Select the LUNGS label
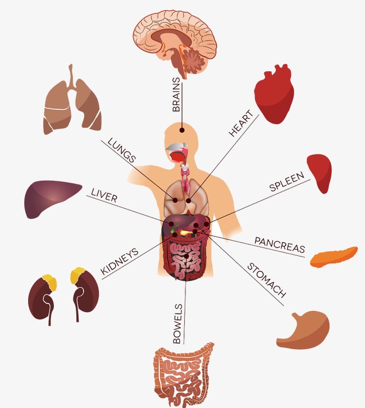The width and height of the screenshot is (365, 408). (x=121, y=150)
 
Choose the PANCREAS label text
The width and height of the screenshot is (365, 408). (x=280, y=244)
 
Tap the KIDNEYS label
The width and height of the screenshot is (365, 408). (x=119, y=262)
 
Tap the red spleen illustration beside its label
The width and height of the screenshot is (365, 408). (x=320, y=172)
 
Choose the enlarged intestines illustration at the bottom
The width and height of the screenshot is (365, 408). (x=184, y=371)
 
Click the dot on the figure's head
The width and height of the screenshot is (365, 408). (x=182, y=130)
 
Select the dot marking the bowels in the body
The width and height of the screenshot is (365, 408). (x=187, y=256)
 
